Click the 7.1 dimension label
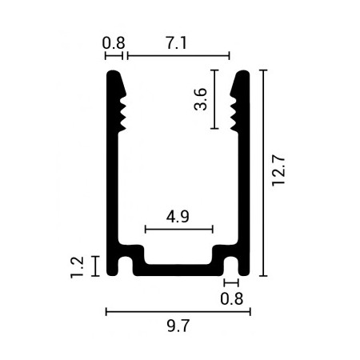coord(176,45)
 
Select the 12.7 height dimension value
coord(278,172)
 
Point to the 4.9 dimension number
coord(178,216)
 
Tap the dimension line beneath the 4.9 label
coord(178,230)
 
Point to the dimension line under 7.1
coord(178,56)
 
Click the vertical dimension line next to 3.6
coord(215,100)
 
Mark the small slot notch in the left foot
coord(126,266)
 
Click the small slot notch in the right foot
coord(231,266)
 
